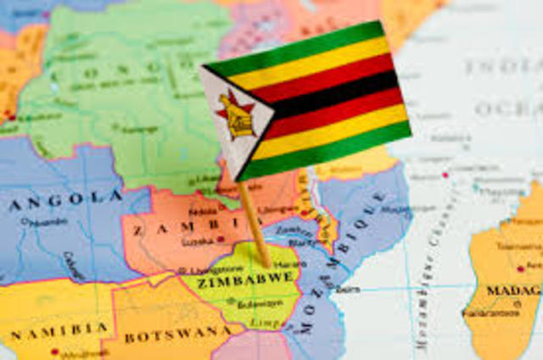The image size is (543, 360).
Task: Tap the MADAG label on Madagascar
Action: pyautogui.click(x=512, y=291)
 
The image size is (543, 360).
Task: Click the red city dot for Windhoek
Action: pyautogui.click(x=56, y=351)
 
